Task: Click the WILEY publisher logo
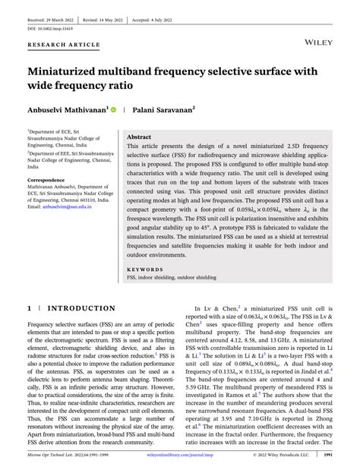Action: (321, 44)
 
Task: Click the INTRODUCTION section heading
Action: (82, 309)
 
